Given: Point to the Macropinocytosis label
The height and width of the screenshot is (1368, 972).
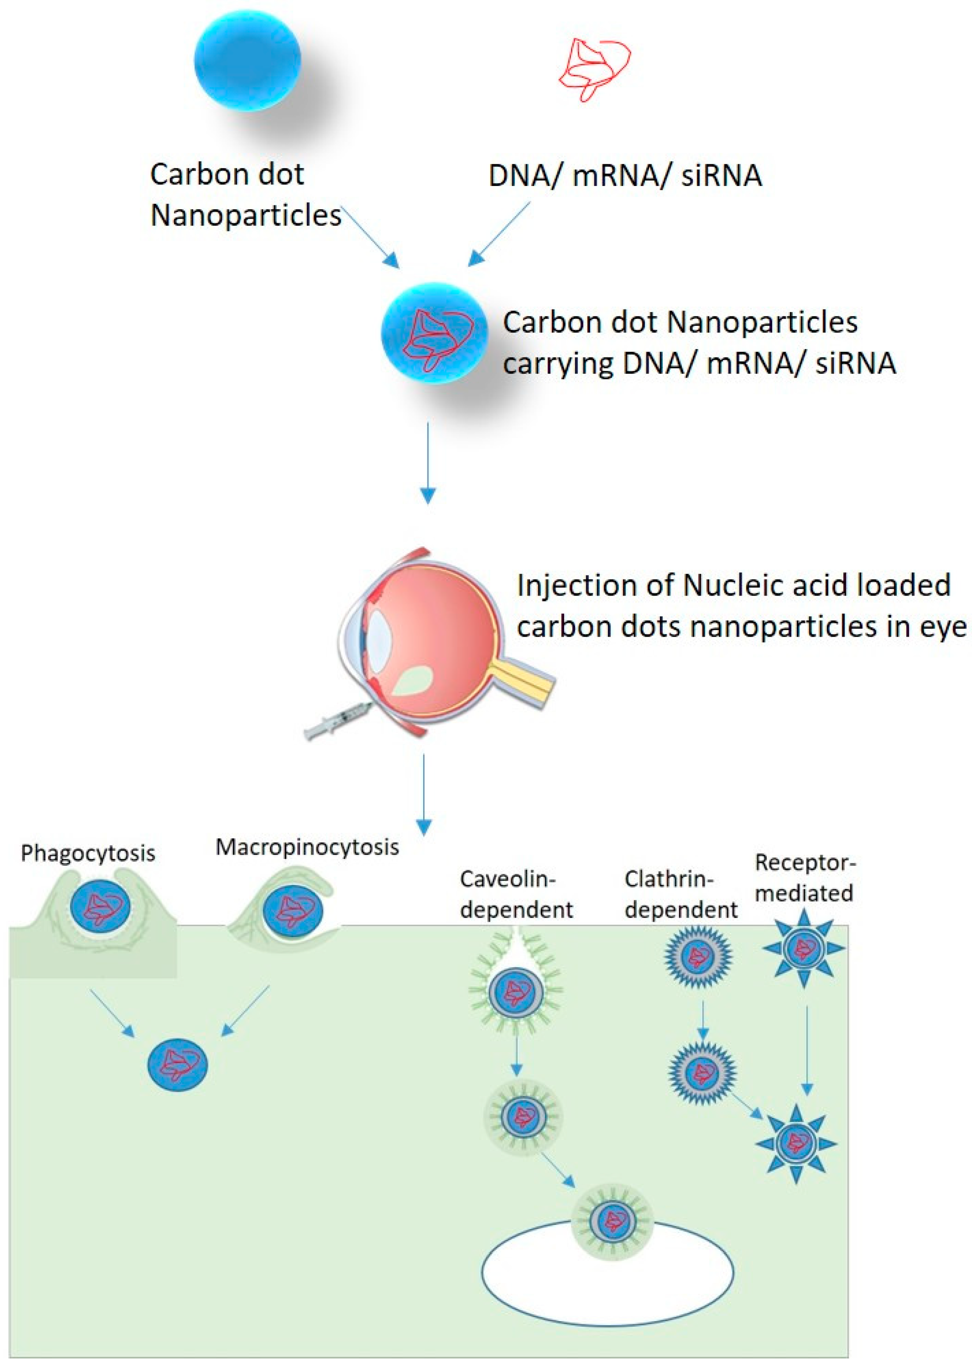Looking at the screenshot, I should (x=307, y=847).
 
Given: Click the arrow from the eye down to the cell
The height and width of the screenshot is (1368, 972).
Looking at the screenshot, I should (x=424, y=794).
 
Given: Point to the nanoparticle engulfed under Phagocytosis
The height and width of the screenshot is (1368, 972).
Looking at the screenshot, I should (x=101, y=907).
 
